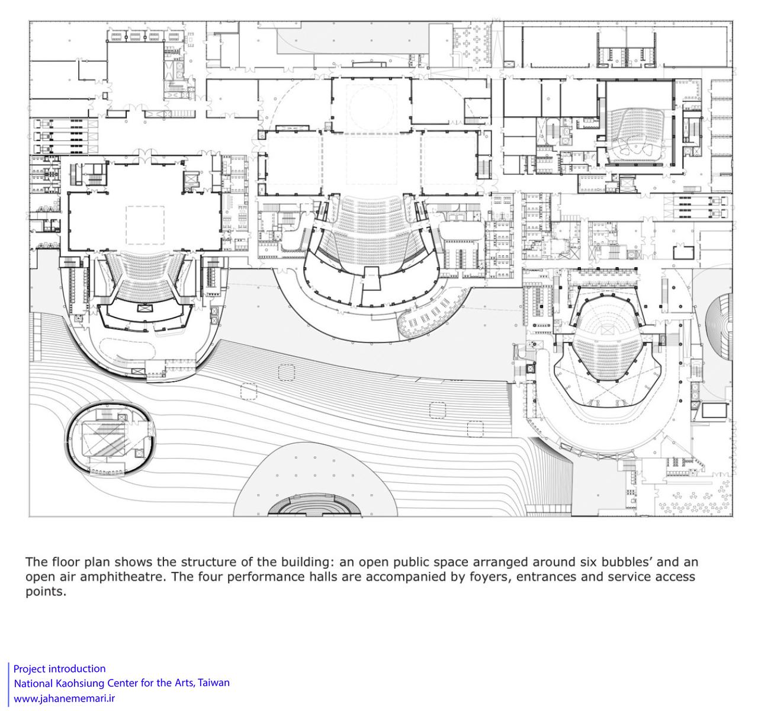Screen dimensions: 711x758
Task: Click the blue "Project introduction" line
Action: click(x=59, y=668)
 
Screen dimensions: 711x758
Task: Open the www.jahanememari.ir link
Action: click(x=64, y=698)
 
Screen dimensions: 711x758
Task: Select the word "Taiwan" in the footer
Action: click(x=214, y=683)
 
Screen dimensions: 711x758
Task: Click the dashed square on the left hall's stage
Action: click(x=145, y=225)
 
